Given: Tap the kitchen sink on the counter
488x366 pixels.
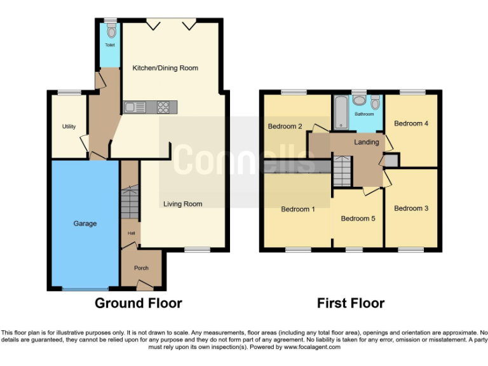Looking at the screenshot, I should pos(135,107).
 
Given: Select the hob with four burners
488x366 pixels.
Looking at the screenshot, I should pos(164,107).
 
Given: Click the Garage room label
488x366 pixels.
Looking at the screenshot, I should pos(85,224).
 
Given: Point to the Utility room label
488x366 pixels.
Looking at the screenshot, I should pos(69,126).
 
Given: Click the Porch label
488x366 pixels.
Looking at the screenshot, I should pos(140,268).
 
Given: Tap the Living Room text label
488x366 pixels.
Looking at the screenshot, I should pos(182,204).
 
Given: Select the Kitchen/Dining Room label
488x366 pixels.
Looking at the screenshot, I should pos(165,68).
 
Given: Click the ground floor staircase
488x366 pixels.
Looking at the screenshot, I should pos(130,201).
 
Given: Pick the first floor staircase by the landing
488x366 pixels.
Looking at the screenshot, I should pos(342,170).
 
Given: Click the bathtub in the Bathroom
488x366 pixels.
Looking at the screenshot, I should pos(339,112).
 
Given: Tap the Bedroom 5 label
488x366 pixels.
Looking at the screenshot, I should pos(358,219).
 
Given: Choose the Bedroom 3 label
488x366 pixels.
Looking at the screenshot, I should pos(411,208).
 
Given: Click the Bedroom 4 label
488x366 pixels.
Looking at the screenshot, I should pos(411,123).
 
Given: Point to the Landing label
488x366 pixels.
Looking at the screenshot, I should pos(367,142).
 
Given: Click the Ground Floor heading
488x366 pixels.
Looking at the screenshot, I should pos(138,303).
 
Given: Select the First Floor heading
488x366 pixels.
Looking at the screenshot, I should pos(351,303).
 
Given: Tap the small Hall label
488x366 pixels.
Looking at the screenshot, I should pos(132,233).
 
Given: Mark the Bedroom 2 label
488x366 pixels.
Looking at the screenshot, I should pos(285,126).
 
